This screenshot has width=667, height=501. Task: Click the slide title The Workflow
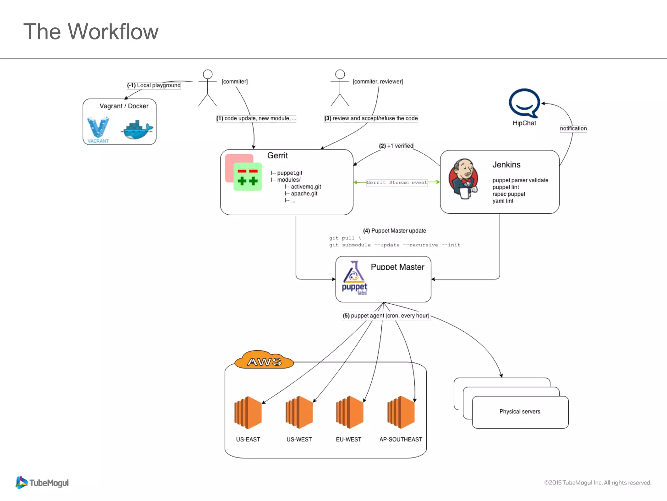tap(91, 32)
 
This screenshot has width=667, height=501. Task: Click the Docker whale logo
tap(137, 129)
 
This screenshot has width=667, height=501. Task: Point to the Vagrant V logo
tap(98, 128)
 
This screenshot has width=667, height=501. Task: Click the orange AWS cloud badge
tap(264, 360)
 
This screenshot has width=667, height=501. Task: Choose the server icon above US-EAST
tap(248, 412)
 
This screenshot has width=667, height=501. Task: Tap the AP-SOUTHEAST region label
tap(401, 439)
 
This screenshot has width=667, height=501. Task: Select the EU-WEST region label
tap(348, 439)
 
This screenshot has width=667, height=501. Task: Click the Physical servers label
tap(520, 412)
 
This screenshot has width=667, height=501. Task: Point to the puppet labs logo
tap(354, 278)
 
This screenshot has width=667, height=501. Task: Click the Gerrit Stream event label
tap(397, 182)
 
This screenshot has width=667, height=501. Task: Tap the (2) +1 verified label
tap(396, 146)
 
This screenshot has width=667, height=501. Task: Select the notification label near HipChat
tap(573, 129)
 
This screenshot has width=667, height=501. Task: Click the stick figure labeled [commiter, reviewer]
tap(340, 88)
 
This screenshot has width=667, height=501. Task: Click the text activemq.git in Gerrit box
tap(306, 187)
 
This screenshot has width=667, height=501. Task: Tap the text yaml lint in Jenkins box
tap(503, 201)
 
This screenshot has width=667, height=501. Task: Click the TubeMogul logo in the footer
tap(42, 482)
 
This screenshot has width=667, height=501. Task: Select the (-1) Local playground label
tap(154, 85)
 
